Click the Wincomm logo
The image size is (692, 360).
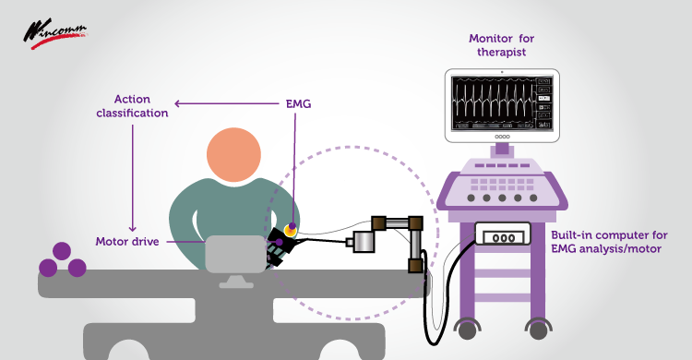pyautogui.click(x=54, y=33)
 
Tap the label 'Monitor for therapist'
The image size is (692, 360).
pyautogui.click(x=502, y=45)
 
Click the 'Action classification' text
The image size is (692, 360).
pyautogui.click(x=132, y=106)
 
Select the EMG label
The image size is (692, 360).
pyautogui.click(x=298, y=103)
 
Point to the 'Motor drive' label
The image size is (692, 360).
pyautogui.click(x=127, y=242)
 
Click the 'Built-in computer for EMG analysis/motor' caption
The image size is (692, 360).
pyautogui.click(x=610, y=242)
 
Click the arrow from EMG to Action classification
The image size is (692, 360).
pyautogui.click(x=227, y=103)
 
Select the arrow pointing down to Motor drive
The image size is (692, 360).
pyautogui.click(x=132, y=178)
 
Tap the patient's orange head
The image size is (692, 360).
pyautogui.click(x=234, y=155)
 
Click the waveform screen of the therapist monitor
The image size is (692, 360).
pyautogui.click(x=502, y=103)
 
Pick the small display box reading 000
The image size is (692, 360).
pyautogui.click(x=503, y=237)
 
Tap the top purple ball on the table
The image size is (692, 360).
pyautogui.click(x=62, y=251)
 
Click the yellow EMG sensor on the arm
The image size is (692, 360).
pyautogui.click(x=291, y=229)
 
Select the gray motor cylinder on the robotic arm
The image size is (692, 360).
pyautogui.click(x=364, y=242)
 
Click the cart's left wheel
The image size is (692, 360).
pyautogui.click(x=468, y=330)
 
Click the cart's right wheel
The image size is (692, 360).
pyautogui.click(x=539, y=330)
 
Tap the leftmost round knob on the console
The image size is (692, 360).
pyautogui.click(x=471, y=198)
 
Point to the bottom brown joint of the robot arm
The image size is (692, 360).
pyautogui.click(x=416, y=266)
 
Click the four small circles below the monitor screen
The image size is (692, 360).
pyautogui.click(x=502, y=137)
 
